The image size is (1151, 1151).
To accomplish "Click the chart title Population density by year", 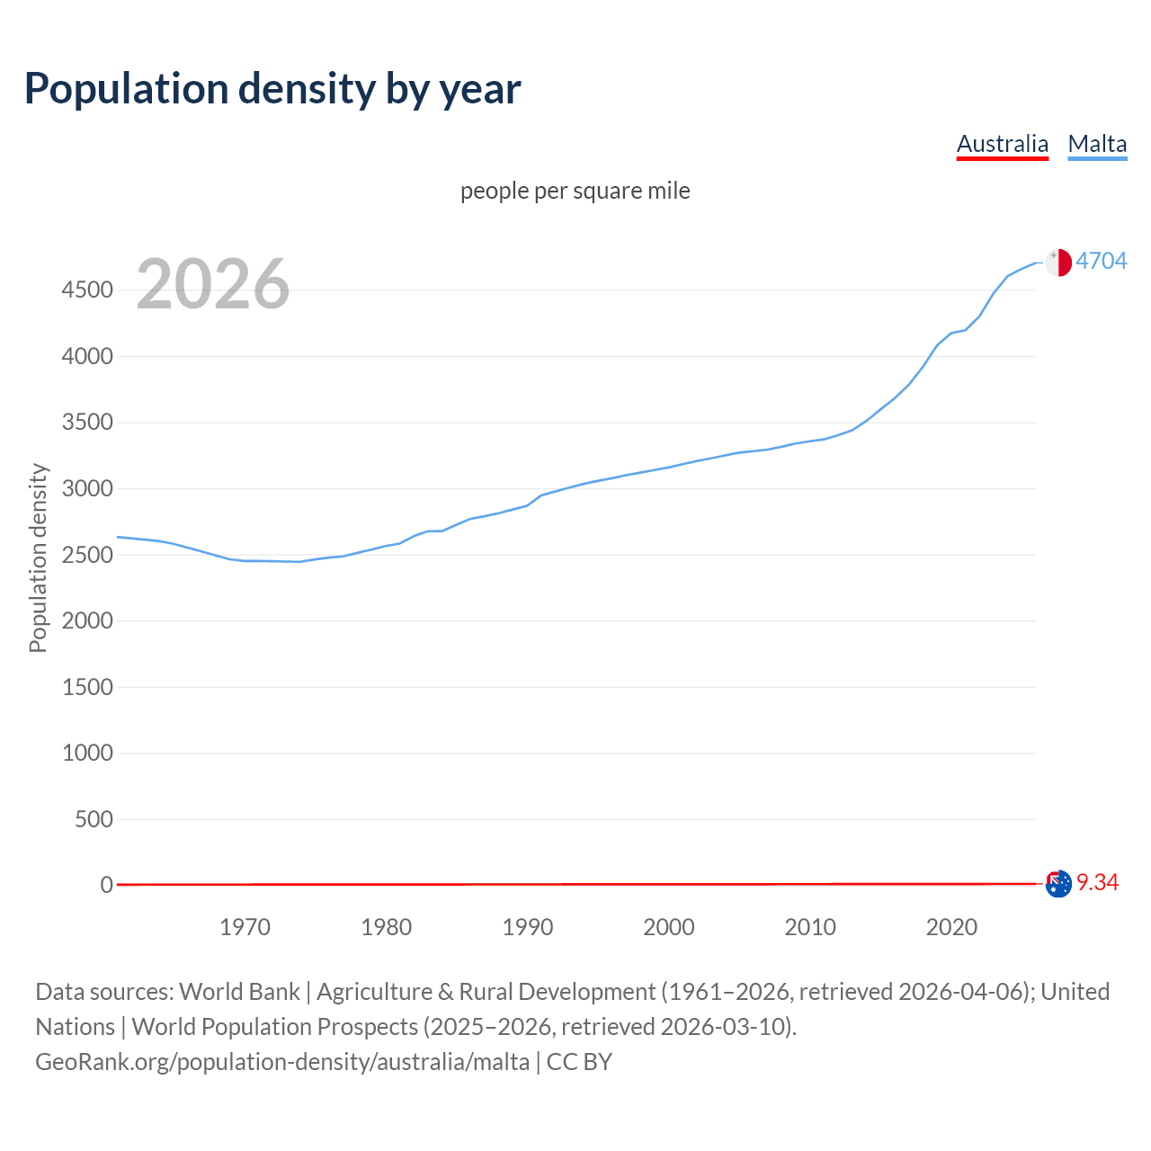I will (272, 88).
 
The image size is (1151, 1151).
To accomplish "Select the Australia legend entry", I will (1002, 144).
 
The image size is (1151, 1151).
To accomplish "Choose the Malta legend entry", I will (1097, 144).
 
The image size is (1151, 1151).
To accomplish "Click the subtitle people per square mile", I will (575, 191).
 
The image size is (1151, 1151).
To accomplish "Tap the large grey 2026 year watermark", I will (213, 284).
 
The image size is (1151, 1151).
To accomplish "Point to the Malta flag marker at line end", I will (1058, 262).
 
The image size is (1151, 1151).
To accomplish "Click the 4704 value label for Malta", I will (1102, 261).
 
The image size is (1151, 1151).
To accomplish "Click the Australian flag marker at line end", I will (1058, 884).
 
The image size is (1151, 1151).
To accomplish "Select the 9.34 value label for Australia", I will (1097, 882).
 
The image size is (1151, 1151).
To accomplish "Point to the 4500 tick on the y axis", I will (87, 290).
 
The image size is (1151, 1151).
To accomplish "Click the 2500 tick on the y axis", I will (87, 555).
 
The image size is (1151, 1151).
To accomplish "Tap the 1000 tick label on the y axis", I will (87, 753).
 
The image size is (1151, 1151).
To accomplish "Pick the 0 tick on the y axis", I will (107, 885).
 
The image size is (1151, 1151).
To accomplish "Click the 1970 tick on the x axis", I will (245, 927).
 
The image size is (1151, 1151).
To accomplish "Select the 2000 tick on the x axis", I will (669, 927).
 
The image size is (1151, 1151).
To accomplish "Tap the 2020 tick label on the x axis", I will (951, 927).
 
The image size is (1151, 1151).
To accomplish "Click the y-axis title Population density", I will (38, 558).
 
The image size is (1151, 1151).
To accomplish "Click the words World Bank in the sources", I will (239, 992).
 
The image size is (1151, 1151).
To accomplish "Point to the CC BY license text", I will (579, 1062).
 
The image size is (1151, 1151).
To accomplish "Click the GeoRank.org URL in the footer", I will (282, 1062).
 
